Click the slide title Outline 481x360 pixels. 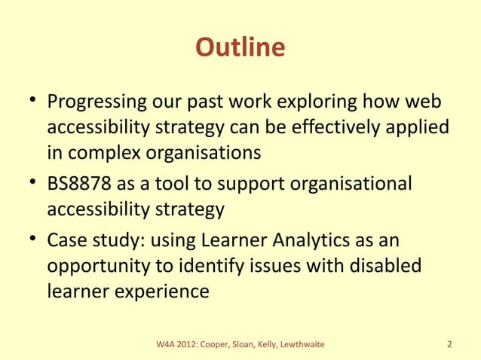pyautogui.click(x=240, y=47)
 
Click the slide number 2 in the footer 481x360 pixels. pyautogui.click(x=449, y=345)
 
